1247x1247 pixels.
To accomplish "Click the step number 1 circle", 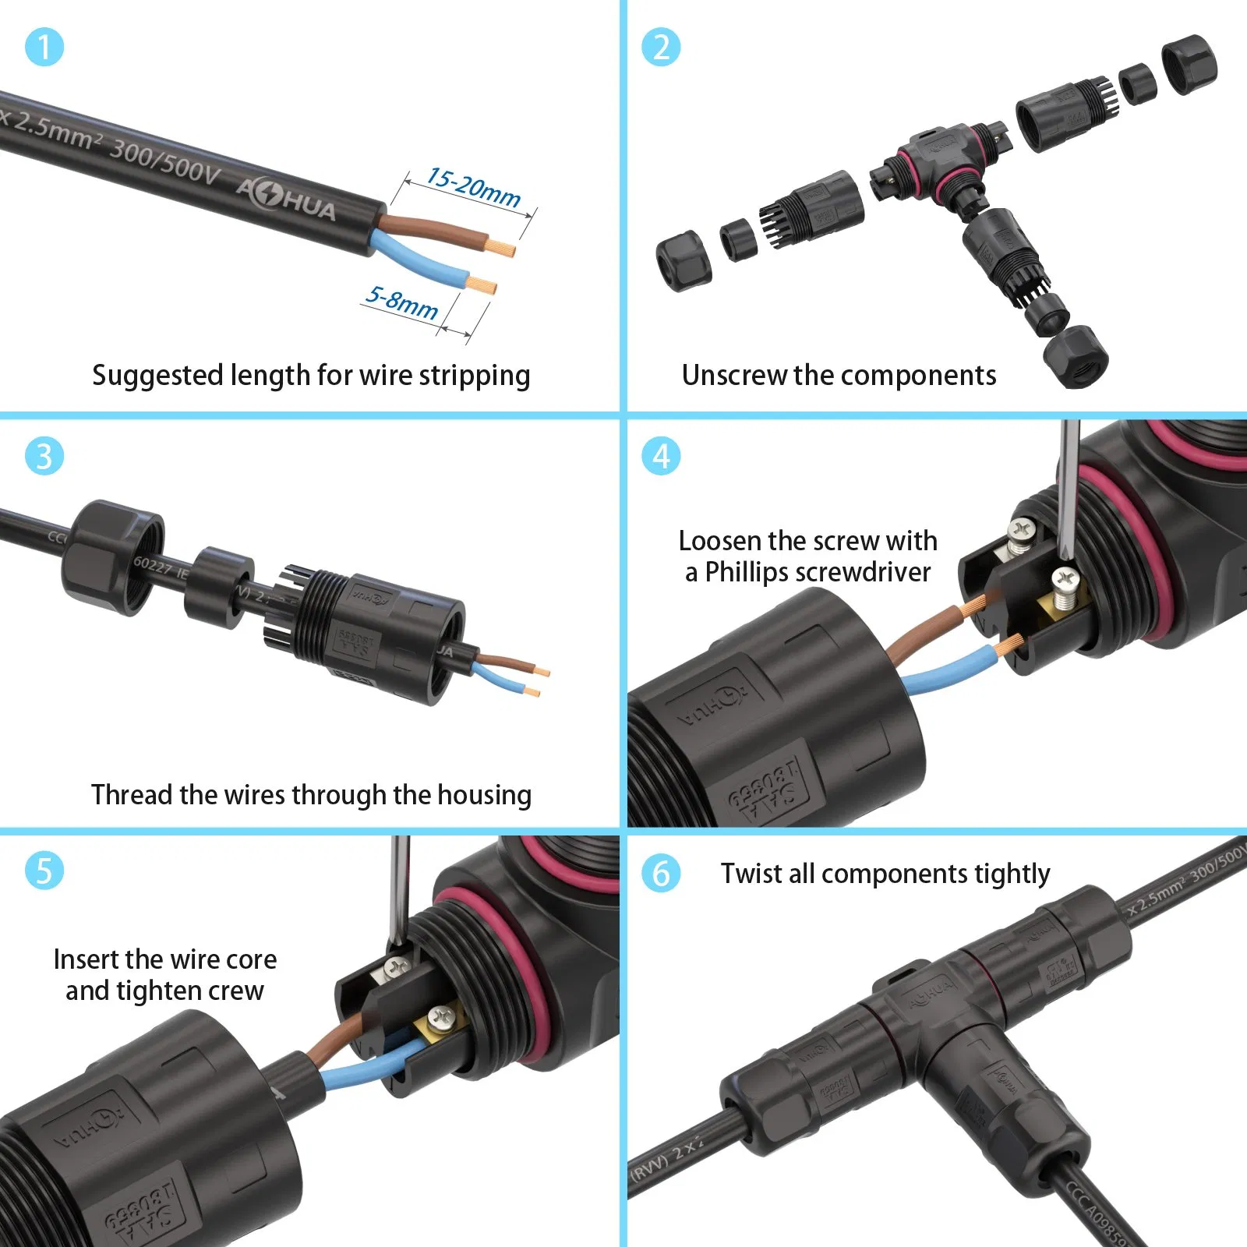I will click(44, 47).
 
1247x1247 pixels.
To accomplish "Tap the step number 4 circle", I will click(661, 456).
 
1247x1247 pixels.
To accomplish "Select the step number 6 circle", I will click(661, 873).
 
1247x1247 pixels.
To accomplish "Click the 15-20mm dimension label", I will click(474, 188).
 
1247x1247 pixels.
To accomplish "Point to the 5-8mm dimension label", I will click(402, 302).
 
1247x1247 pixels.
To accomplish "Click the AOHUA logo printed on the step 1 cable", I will click(286, 199).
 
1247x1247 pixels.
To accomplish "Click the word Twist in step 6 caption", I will click(751, 874).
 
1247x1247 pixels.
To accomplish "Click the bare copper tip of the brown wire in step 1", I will click(503, 249).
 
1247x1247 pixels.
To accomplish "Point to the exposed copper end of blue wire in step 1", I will click(483, 285).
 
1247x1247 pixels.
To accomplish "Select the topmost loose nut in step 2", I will click(1189, 63).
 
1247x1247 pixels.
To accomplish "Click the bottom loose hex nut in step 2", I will click(1076, 356).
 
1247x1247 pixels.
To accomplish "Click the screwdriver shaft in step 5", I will click(399, 888).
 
